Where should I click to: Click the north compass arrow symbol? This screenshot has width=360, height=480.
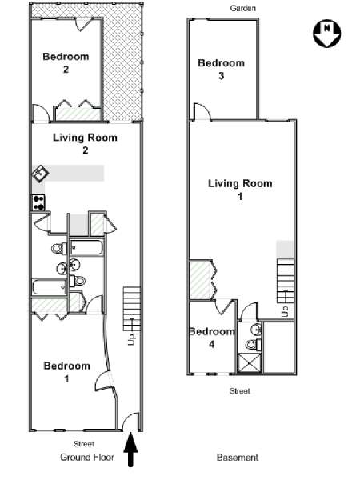pos(327,34)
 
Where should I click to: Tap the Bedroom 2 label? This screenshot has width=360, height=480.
pos(66,62)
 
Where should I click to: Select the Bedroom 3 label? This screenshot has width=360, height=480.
pos(222,69)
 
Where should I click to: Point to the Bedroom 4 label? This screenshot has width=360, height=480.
pos(212,338)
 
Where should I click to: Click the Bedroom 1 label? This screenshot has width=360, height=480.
pos(66,372)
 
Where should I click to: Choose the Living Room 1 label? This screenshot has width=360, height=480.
pos(240,190)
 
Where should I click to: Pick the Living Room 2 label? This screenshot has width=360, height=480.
pos(85,144)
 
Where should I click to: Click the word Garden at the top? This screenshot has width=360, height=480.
pos(242,8)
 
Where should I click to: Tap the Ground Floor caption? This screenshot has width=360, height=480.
pos(87,458)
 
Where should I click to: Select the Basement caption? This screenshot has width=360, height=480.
pos(238,458)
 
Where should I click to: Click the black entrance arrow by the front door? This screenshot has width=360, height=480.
pos(130,450)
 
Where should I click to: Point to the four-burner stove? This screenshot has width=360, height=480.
pos(38,202)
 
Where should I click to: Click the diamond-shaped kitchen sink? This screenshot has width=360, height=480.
pos(41,174)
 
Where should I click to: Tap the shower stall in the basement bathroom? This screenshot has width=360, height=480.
pos(250,362)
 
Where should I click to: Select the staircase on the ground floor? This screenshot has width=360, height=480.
pos(132,309)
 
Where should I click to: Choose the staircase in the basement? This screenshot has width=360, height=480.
pos(286,281)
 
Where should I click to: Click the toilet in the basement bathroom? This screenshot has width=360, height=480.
pos(254,345)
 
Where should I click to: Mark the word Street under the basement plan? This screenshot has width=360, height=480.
pos(240,391)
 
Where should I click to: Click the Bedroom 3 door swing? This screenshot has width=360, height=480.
pos(202,111)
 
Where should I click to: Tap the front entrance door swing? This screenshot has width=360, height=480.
pos(130,421)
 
